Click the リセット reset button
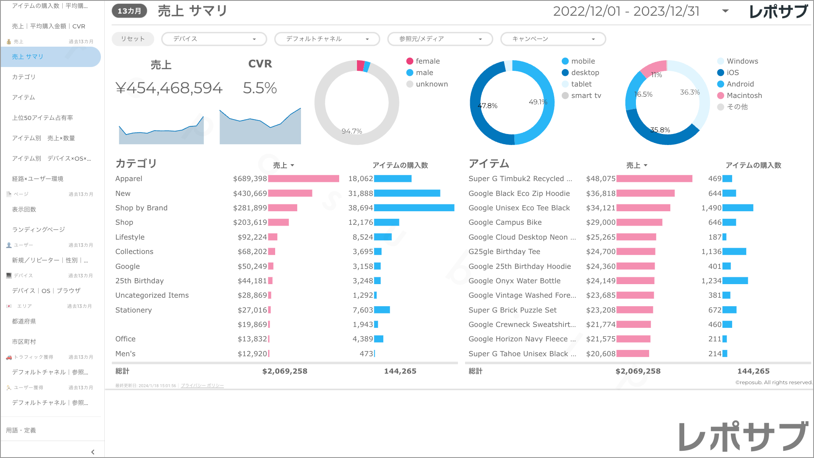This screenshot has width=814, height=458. [133, 39]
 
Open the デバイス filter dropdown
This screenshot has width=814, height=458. [214, 39]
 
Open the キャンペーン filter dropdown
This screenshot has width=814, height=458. [553, 39]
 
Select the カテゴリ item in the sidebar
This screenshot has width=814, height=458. [24, 77]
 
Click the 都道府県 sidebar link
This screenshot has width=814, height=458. [24, 321]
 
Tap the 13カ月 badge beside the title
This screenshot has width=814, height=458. [129, 11]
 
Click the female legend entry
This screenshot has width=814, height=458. [427, 61]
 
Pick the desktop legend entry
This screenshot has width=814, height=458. [585, 73]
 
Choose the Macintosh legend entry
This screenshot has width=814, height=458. [744, 95]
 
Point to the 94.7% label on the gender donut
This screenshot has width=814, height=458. [352, 131]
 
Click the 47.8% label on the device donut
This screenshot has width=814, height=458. [488, 106]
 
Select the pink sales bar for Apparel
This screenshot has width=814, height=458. [304, 179]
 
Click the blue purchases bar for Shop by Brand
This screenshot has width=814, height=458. [414, 208]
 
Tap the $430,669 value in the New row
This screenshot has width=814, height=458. [250, 193]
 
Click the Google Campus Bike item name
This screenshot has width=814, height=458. [505, 222]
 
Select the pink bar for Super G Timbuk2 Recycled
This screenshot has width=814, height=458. [654, 179]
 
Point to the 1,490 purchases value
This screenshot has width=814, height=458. [711, 208]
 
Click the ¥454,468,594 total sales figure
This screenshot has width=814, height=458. [169, 88]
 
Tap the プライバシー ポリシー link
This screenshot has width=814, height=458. [202, 385]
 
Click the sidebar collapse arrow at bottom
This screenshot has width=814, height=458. [93, 452]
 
